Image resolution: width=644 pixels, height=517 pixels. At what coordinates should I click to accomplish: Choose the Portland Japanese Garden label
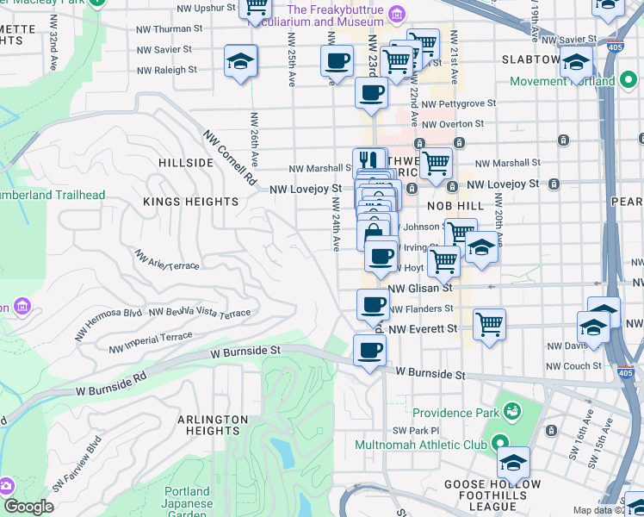click(x=187, y=504)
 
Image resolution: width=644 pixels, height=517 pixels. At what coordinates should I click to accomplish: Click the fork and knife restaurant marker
click(x=368, y=161)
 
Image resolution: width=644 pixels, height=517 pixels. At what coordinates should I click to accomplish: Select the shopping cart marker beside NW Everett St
click(x=489, y=325)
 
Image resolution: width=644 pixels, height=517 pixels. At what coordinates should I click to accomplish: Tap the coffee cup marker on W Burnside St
click(x=369, y=350)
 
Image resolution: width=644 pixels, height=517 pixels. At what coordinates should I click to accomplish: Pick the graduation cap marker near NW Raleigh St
click(x=241, y=61)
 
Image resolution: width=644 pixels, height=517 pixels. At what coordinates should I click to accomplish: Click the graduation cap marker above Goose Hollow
click(x=513, y=464)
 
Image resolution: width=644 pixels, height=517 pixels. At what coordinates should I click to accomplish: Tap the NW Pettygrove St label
click(x=467, y=103)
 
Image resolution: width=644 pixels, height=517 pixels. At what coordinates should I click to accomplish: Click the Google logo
click(x=28, y=508)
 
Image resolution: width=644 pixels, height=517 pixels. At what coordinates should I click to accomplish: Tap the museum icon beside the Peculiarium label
click(x=396, y=12)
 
